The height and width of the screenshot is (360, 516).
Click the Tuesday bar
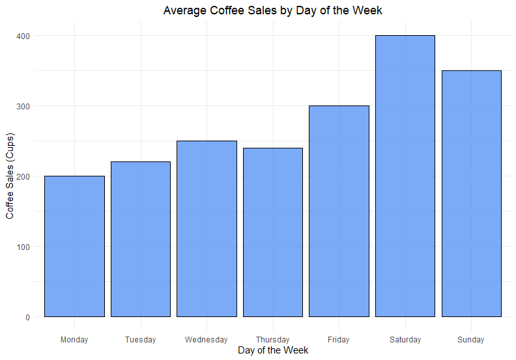pos(141,239)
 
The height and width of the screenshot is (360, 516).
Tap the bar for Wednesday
pos(207,228)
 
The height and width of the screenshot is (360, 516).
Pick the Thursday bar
pos(273,232)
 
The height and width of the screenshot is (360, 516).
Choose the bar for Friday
pos(339,211)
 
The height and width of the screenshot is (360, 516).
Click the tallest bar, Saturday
pos(405,176)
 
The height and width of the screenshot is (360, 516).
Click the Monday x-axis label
pos(74,340)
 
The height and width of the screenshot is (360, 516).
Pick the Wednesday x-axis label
pos(207,340)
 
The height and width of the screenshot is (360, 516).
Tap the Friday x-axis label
pos(339,340)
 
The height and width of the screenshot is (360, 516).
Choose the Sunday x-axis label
pos(471,340)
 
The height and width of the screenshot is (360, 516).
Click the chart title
pos(273,10)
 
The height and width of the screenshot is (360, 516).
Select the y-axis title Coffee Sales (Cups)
pos(10,176)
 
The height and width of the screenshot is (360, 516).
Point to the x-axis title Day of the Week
pos(273,350)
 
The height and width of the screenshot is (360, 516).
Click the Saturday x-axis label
pos(405,340)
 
